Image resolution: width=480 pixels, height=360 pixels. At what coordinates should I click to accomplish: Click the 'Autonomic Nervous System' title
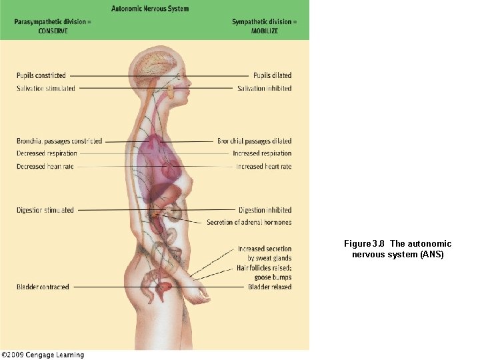[150, 9]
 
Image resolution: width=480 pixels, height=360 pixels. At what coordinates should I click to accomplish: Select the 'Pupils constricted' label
[41, 75]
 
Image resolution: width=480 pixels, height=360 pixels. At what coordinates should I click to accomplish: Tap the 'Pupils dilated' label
[272, 75]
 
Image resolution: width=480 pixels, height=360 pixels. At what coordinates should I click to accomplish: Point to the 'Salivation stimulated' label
[46, 88]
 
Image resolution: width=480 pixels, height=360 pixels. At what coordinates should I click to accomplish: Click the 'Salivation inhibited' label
[264, 88]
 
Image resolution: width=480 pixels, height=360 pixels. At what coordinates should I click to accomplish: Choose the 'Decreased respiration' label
[47, 153]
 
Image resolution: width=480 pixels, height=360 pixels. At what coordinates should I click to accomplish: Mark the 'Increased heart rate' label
[263, 166]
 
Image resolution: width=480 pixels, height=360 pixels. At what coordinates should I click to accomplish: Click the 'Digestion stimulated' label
[45, 210]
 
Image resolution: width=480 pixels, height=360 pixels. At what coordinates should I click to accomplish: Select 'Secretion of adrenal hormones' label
[249, 222]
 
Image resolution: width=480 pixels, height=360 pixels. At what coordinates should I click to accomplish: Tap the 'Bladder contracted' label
[43, 287]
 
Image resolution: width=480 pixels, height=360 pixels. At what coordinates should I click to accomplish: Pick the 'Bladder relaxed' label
[269, 287]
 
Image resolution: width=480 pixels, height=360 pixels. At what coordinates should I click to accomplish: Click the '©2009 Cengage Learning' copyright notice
[43, 355]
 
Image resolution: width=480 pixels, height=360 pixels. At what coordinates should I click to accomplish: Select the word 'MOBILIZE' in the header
[265, 31]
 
